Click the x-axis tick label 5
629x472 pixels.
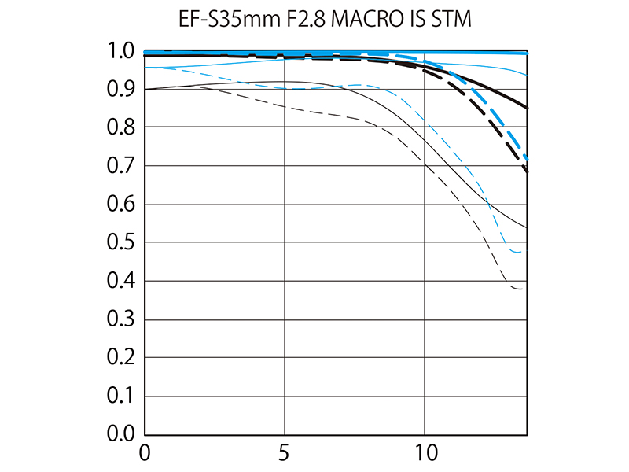285,454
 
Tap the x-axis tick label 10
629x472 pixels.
425,454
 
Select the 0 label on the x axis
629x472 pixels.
144,454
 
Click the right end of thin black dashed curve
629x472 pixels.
522,289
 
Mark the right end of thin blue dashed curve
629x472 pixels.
521,252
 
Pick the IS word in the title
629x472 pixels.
415,19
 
